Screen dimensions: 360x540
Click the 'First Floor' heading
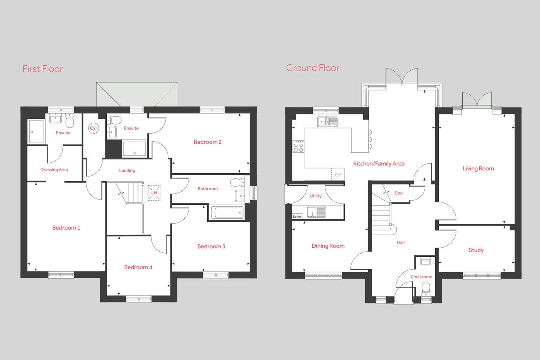point(42,69)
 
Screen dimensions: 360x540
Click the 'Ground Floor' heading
point(312,68)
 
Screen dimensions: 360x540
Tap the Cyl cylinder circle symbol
point(93,128)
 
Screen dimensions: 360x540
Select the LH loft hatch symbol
point(154,193)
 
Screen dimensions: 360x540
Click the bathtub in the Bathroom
point(226,212)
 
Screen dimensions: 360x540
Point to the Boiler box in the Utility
point(297,216)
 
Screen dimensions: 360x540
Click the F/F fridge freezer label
point(338,175)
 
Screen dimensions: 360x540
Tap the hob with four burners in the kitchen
point(298,146)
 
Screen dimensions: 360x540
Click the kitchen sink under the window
point(328,121)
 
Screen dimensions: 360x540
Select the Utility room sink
point(316,212)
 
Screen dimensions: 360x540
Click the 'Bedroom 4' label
point(138,267)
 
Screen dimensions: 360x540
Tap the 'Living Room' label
point(478,169)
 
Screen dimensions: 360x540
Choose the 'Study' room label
point(476,250)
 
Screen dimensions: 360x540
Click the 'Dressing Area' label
point(54,170)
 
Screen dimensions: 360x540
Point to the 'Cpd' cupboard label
point(398,193)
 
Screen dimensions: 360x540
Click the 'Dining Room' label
point(328,246)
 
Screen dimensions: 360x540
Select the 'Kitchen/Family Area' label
point(378,164)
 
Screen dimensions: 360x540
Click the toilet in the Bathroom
point(237,182)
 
